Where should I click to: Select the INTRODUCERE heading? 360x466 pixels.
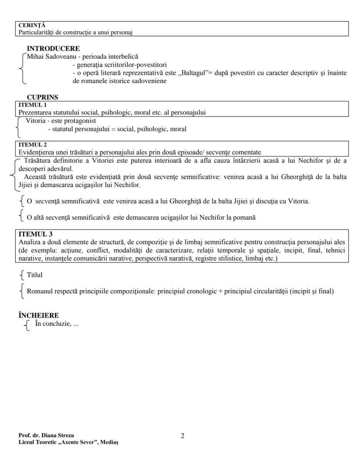point(53,49)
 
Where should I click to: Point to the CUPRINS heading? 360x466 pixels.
point(42,97)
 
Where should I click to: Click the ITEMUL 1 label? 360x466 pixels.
point(32,105)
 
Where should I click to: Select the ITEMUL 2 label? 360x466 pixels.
point(32,145)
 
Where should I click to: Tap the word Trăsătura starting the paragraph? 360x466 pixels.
point(37,161)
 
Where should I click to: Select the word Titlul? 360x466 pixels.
point(35,275)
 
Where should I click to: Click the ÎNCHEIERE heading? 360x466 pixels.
point(39,315)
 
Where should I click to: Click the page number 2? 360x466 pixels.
point(183,436)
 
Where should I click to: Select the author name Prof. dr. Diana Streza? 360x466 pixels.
point(46,436)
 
